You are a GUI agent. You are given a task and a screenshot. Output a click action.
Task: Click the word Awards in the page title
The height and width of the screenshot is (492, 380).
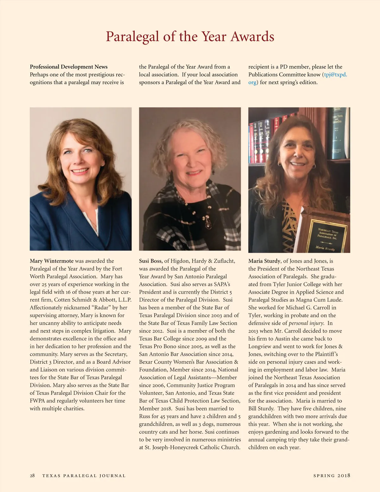(252, 37)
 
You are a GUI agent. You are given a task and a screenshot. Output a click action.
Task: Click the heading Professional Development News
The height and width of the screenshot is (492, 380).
(69, 67)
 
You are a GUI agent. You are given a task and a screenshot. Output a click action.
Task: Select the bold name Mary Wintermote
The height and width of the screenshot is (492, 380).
(52, 261)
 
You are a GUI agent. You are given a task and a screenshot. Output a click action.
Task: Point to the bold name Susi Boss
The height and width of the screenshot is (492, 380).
(150, 261)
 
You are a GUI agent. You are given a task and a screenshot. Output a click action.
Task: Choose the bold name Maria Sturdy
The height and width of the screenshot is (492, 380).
(264, 261)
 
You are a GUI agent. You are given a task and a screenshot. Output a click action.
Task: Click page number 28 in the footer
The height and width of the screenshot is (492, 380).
(32, 476)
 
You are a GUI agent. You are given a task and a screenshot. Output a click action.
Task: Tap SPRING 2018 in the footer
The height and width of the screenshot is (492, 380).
(332, 476)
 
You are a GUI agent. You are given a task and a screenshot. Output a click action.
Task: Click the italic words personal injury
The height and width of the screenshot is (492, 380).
(306, 323)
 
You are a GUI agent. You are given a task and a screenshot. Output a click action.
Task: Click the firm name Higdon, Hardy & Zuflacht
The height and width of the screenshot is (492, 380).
(203, 261)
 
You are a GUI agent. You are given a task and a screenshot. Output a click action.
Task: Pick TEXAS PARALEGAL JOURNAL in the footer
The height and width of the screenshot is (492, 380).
(84, 476)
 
